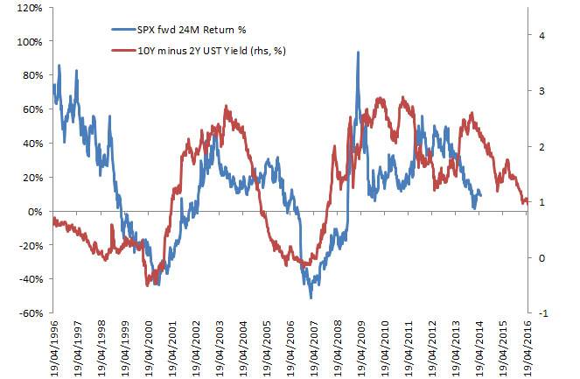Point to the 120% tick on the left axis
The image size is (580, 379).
(x=28, y=8)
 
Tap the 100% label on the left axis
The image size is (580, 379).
(x=28, y=42)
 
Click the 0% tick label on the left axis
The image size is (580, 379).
(x=34, y=211)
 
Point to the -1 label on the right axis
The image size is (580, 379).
(x=544, y=313)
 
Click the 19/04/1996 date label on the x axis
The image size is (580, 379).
(x=54, y=345)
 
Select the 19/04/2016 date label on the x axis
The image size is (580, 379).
(x=528, y=345)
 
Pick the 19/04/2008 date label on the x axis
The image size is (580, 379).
(x=339, y=345)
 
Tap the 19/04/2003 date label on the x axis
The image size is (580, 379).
(x=220, y=345)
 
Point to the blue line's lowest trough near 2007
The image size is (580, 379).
(x=311, y=298)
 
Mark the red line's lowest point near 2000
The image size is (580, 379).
(x=147, y=284)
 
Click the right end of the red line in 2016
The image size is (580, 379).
(x=528, y=202)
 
